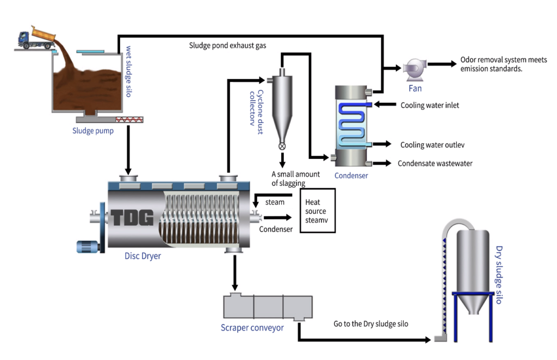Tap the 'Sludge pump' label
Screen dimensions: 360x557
[x=93, y=131]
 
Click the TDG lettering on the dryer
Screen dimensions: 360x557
[x=133, y=218]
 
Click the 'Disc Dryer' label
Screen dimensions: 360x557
[x=143, y=256]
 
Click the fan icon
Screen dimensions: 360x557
[x=414, y=69]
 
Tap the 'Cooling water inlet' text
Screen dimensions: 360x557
[x=430, y=105]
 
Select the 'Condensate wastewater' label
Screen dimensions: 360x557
[x=435, y=163]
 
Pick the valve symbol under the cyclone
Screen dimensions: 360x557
[x=282, y=146]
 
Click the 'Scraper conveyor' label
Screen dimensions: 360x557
[x=252, y=328]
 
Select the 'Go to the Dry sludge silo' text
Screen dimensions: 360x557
[x=370, y=324]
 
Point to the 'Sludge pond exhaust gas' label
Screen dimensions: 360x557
[x=227, y=46]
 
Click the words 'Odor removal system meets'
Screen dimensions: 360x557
[x=503, y=60]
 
